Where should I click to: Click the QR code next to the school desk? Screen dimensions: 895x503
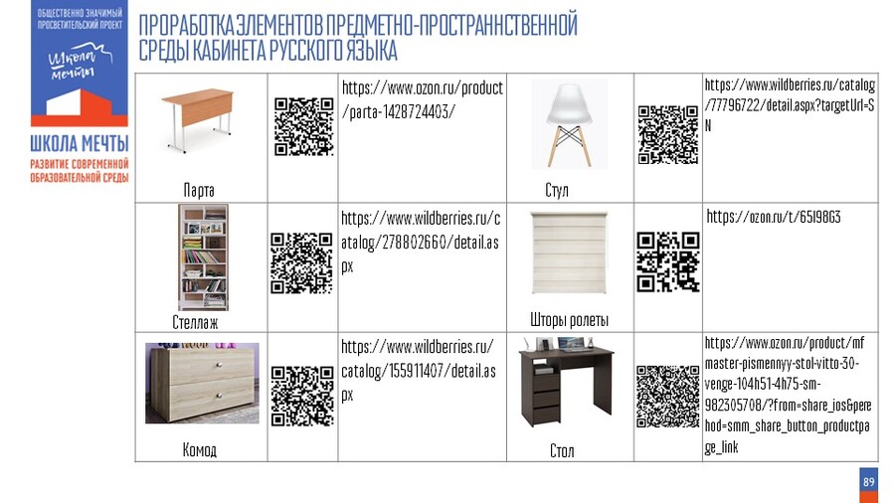tap(303, 126)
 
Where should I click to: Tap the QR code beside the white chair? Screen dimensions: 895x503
tap(668, 135)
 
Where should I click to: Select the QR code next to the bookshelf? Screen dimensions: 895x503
tap(302, 262)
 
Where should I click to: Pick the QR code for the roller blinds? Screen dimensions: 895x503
tap(668, 261)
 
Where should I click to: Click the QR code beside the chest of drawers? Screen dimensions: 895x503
tap(302, 397)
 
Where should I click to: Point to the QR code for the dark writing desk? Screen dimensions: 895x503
tap(668, 397)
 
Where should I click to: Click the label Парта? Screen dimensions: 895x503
tap(199, 190)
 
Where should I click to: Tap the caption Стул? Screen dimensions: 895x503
tap(557, 190)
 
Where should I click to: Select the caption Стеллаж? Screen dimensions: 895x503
tap(195, 322)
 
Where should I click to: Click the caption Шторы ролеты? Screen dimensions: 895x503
tap(569, 320)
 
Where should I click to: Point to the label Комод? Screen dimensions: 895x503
tap(200, 450)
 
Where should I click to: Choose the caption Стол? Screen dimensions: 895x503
tap(562, 451)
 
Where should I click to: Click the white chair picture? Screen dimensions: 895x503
tap(570, 124)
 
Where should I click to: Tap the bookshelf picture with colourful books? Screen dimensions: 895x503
tap(203, 257)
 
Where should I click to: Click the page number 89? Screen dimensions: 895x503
tap(869, 482)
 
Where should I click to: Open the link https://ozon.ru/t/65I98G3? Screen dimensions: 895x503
tap(774, 217)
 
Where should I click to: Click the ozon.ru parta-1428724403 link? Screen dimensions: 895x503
tap(423, 99)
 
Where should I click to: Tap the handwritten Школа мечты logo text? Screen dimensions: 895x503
tap(80, 64)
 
